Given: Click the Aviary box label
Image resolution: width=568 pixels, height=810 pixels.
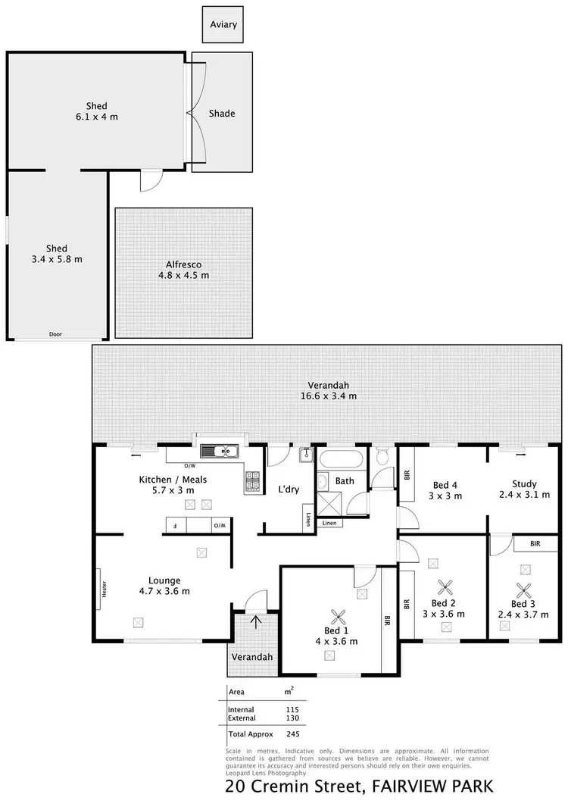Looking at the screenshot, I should pos(223,24).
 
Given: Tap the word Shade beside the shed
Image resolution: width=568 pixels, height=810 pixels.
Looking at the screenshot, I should pos(222,114).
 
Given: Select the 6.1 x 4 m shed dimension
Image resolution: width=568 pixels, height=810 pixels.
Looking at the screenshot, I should pos(96,117).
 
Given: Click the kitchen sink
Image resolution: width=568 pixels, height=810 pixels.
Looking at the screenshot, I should pos(225,452).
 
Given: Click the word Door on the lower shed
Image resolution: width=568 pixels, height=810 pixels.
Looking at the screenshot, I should pos(55,335).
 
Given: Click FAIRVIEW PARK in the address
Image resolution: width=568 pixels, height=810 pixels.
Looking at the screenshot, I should pos(432,787).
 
